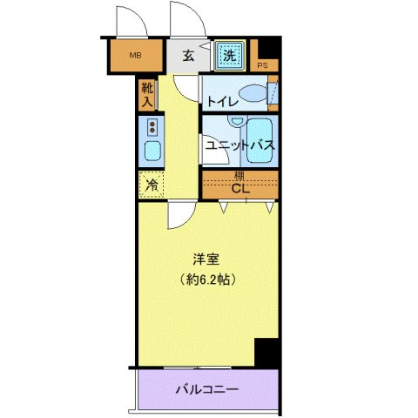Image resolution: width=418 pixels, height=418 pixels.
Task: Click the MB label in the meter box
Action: click(x=135, y=57)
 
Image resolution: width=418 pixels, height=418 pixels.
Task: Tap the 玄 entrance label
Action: click(x=188, y=57)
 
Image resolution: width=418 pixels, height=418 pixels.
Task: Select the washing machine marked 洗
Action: click(x=229, y=56)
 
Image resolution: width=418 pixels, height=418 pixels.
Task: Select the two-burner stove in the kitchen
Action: click(x=152, y=128)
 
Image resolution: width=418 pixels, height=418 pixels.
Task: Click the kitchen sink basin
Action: click(x=152, y=154)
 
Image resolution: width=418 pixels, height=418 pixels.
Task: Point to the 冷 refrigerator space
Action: click(x=151, y=184)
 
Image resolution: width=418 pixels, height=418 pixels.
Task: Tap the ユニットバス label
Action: click(x=240, y=145)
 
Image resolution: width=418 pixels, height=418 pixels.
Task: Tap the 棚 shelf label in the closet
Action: click(x=239, y=176)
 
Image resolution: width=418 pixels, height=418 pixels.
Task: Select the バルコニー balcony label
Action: click(x=207, y=388)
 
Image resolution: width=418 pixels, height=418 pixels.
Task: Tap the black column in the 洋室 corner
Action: click(x=266, y=353)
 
